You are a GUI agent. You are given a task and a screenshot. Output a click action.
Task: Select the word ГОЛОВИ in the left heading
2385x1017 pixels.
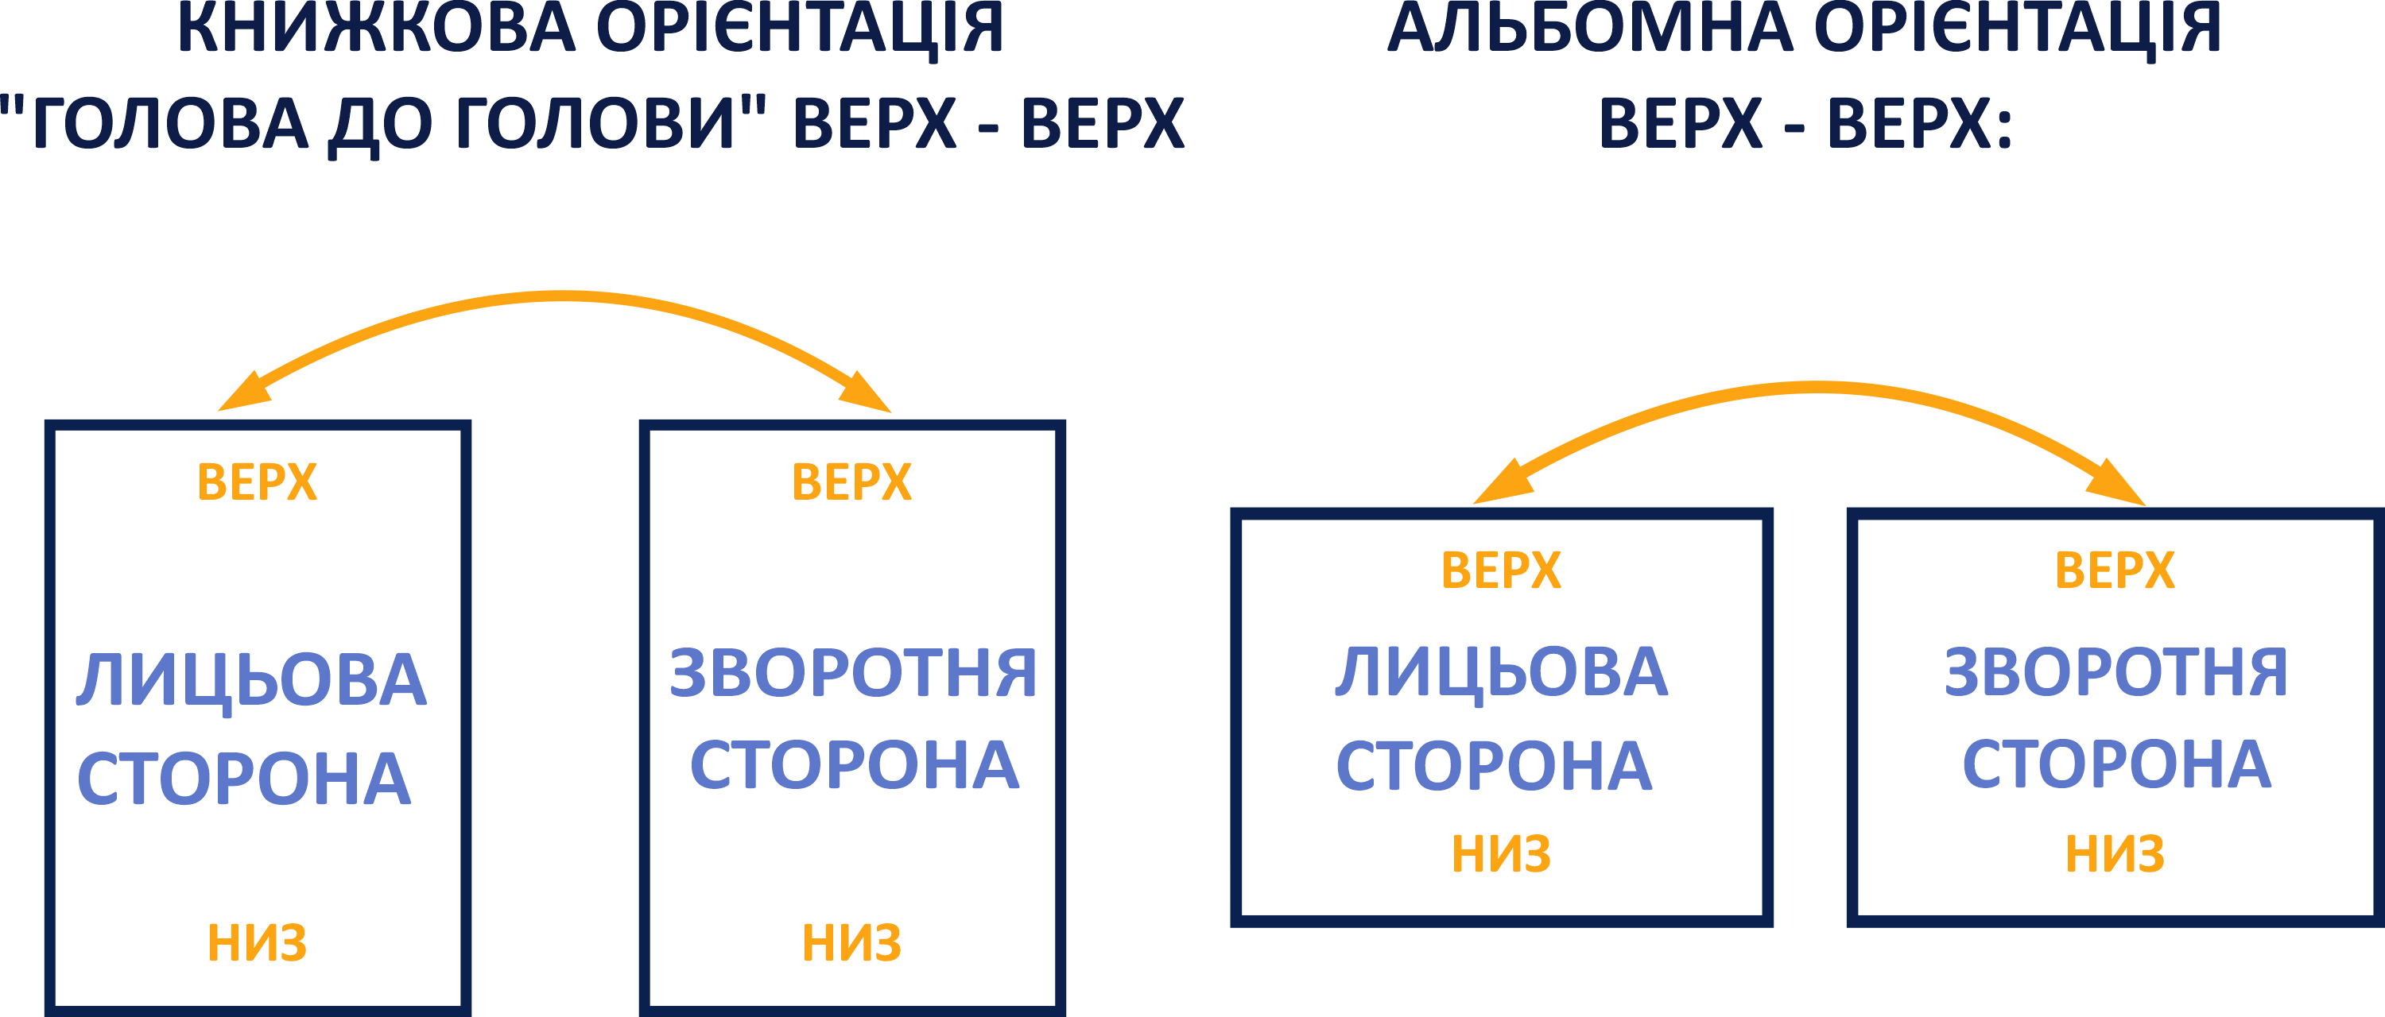pyautogui.click(x=601, y=125)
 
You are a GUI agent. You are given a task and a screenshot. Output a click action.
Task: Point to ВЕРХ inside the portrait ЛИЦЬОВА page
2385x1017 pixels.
pyautogui.click(x=258, y=483)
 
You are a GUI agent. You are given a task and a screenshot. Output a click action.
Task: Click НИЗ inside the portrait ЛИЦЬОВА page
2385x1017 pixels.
pyautogui.click(x=258, y=943)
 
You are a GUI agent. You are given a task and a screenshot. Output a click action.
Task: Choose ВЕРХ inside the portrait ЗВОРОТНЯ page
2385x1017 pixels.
pyautogui.click(x=851, y=483)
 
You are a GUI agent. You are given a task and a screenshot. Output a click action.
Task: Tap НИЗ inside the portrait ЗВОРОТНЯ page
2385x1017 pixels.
pyautogui.click(x=851, y=943)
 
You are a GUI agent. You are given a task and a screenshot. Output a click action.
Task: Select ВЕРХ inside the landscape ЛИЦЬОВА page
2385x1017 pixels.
pyautogui.click(x=1502, y=571)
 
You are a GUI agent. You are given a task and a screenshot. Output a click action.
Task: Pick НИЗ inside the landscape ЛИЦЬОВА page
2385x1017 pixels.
pyautogui.click(x=1502, y=853)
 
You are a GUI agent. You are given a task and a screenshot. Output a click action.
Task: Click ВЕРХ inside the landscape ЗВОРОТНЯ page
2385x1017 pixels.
pyautogui.click(x=2115, y=571)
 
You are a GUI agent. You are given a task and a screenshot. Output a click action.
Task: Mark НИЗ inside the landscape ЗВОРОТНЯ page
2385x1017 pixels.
pyautogui.click(x=2115, y=853)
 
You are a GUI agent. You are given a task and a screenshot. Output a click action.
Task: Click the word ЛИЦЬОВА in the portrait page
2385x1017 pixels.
pyautogui.click(x=252, y=680)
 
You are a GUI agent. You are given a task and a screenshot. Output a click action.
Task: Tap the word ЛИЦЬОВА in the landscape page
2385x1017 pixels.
pyautogui.click(x=1502, y=673)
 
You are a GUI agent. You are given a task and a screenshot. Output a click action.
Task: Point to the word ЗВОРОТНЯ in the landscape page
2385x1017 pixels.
pyautogui.click(x=2115, y=673)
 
